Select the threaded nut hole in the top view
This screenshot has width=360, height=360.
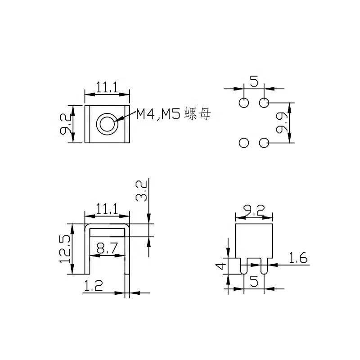108,123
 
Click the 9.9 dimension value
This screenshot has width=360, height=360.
283,123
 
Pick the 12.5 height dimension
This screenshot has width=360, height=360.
64,249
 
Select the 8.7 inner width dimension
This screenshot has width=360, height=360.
107,248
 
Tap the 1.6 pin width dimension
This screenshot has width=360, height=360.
297,258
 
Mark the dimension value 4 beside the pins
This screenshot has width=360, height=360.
220,266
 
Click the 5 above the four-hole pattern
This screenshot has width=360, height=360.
254,82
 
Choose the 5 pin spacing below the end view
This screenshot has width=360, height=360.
254,282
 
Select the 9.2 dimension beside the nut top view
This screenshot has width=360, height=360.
64,124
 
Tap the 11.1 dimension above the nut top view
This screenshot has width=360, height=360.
107,87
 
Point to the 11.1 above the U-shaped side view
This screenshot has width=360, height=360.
107,208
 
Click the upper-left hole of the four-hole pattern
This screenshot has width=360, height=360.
243,103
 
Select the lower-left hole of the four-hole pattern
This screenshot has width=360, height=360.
243,143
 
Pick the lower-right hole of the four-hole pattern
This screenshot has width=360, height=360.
264,143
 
